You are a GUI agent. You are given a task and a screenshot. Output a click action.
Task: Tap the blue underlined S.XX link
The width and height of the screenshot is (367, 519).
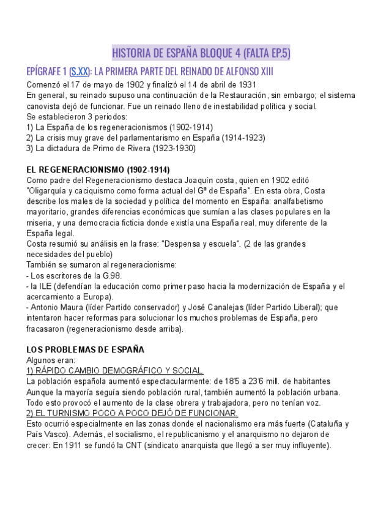[x=80, y=72]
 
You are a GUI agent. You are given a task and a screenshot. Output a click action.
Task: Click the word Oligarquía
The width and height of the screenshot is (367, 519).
[x=51, y=190]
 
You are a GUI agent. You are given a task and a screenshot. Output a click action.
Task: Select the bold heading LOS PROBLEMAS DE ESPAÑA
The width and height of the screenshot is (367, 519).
[x=86, y=349]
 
